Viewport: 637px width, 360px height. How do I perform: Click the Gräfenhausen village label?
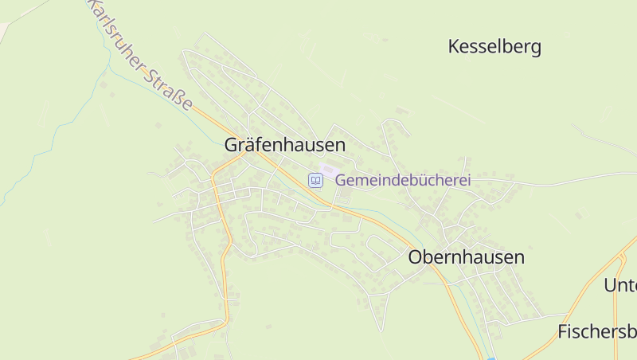click(284, 145)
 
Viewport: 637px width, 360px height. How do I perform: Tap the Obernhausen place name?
click(466, 257)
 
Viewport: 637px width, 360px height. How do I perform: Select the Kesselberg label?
click(494, 47)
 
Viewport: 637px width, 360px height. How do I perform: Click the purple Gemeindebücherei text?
click(403, 180)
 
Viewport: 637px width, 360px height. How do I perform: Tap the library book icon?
click(316, 181)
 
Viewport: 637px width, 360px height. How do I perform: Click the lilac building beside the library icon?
click(327, 170)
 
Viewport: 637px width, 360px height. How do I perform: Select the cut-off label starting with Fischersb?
click(597, 331)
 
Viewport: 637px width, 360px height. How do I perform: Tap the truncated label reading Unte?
click(620, 285)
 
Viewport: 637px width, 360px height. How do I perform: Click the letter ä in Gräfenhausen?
click(252, 145)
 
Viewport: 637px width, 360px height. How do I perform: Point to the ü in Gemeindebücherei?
click(416, 180)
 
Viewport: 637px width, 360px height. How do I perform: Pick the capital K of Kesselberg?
click(455, 47)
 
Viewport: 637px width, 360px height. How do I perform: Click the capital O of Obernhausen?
click(416, 257)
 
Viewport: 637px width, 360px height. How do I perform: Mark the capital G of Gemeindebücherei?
click(341, 180)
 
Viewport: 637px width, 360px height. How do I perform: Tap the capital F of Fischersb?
click(563, 331)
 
